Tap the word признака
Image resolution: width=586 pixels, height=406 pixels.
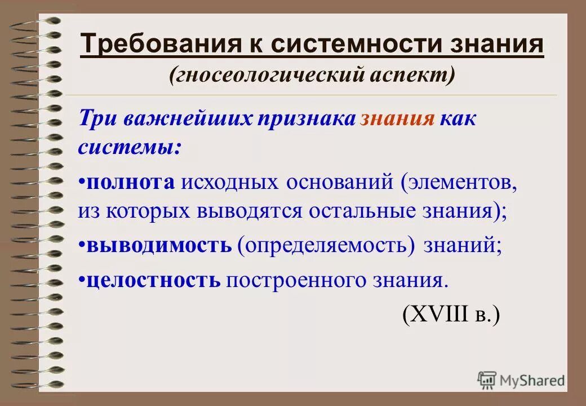(x=307, y=119)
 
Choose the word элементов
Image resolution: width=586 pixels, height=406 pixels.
(x=460, y=182)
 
